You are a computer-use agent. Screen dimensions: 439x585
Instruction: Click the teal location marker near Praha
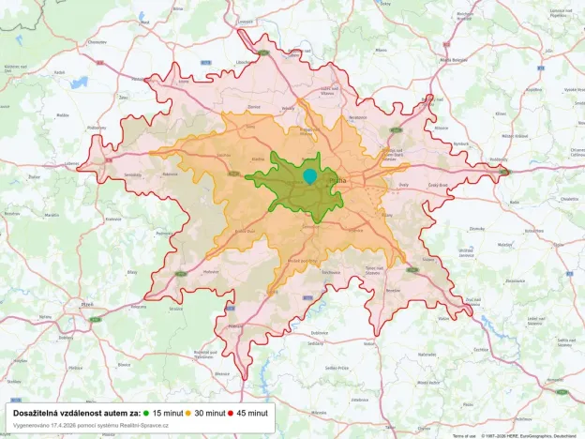(310, 175)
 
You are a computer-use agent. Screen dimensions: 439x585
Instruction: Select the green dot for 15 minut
(147, 412)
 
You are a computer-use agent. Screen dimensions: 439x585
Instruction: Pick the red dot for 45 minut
(230, 412)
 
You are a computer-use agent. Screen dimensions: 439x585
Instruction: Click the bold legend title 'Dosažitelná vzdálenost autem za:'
(76, 412)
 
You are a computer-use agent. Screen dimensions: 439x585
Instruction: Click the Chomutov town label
(97, 41)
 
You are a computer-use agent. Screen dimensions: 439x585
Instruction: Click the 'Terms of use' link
(464, 435)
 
